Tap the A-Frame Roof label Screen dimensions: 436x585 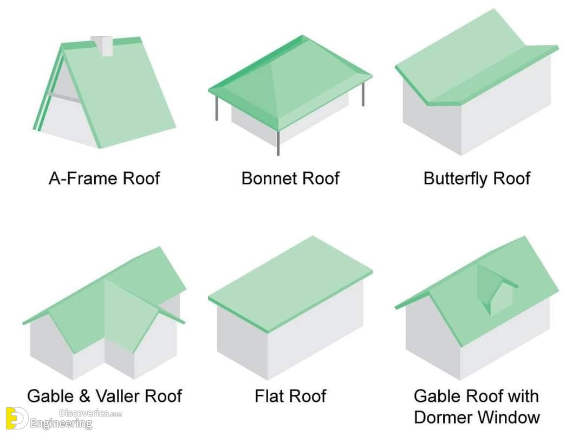point(104,178)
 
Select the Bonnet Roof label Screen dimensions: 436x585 point(290,178)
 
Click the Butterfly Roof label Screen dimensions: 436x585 point(477,178)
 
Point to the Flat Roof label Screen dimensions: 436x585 point(290,396)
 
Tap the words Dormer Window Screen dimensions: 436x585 point(477,417)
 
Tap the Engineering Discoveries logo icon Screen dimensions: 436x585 point(16,418)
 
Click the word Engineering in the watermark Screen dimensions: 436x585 point(61,424)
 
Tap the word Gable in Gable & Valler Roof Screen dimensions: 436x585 point(49,396)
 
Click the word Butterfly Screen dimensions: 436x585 point(456,178)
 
